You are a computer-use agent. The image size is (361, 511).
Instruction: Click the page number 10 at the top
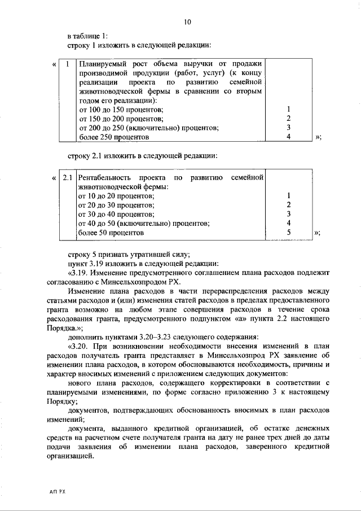point(187,22)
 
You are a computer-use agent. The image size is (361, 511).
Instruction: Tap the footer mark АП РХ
point(57,492)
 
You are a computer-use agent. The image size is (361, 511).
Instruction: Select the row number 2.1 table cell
point(67,178)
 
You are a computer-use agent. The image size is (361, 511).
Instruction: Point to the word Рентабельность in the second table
point(106,178)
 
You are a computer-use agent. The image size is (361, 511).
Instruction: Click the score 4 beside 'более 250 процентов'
point(288,137)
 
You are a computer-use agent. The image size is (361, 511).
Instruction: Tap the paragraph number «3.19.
point(80,273)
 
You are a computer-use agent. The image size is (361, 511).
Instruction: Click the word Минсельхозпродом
point(147,282)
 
